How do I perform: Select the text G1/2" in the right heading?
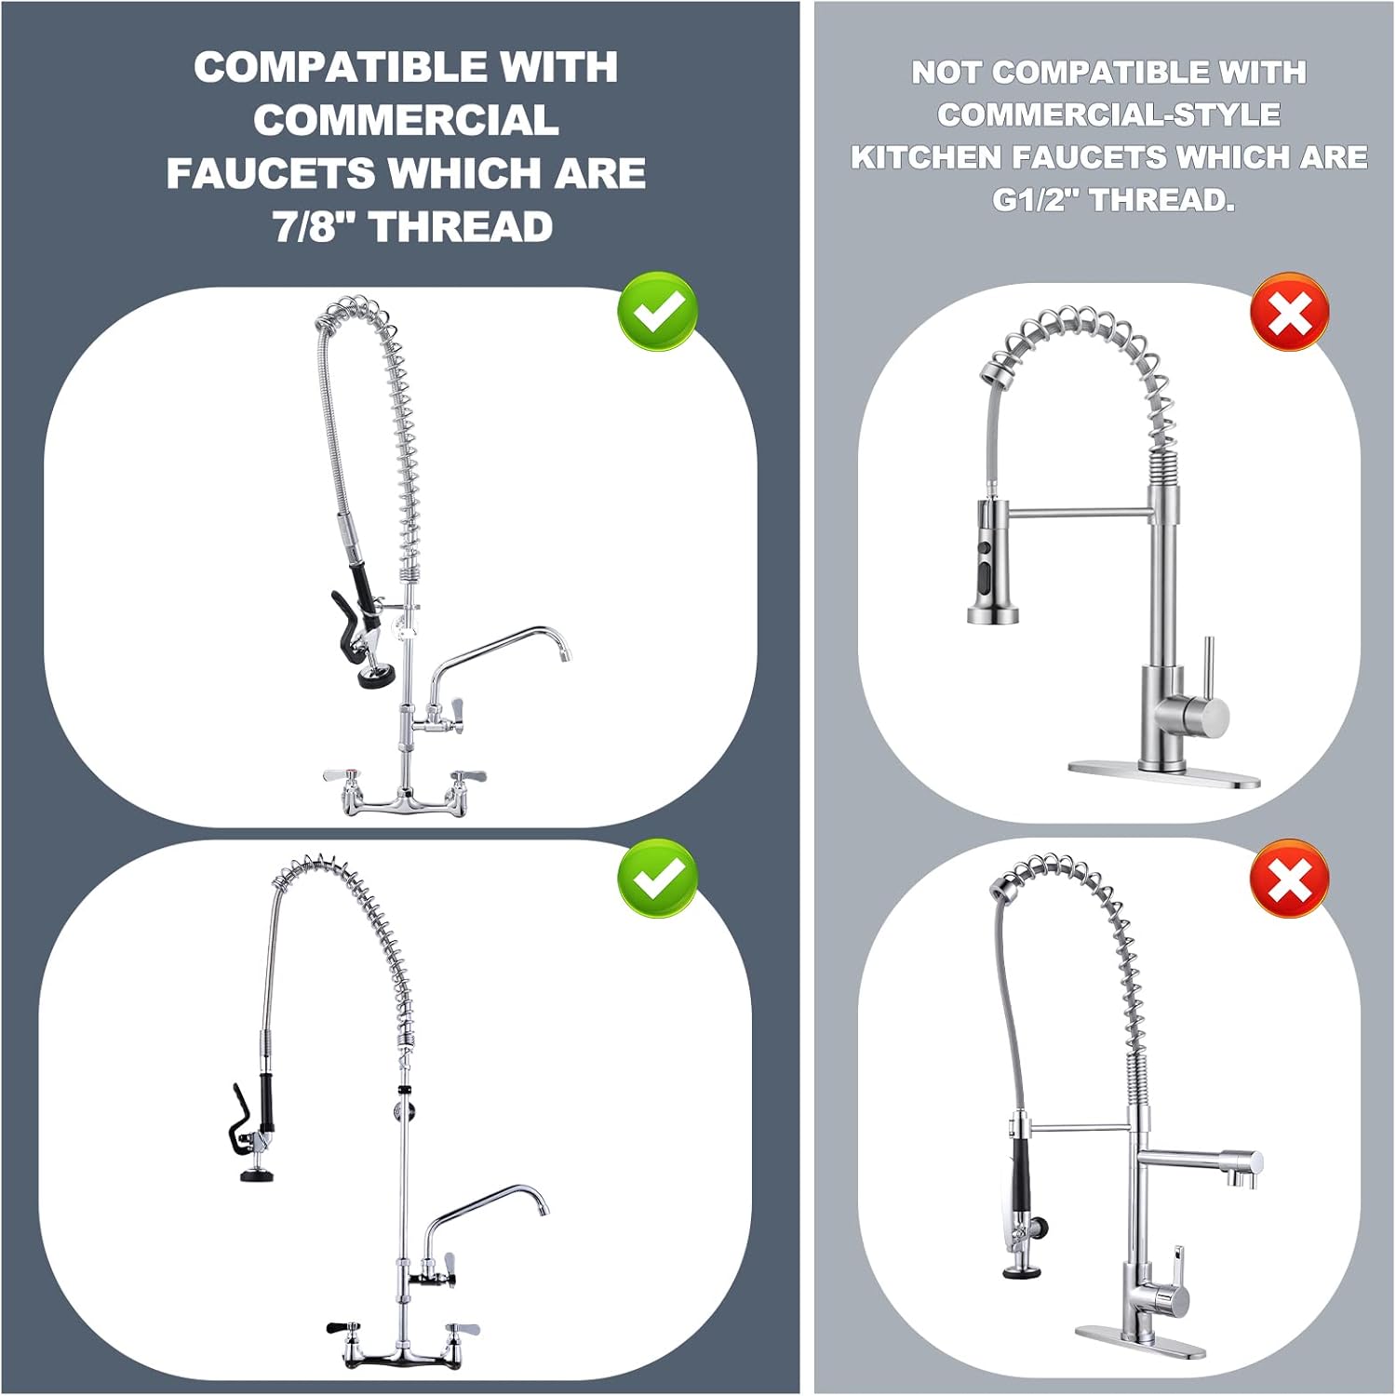1038,199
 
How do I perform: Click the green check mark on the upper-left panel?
658,311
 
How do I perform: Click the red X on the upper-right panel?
1289,311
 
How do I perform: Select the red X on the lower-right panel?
1289,878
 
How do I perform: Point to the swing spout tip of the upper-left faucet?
563,655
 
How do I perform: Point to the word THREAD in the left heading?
462,227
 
